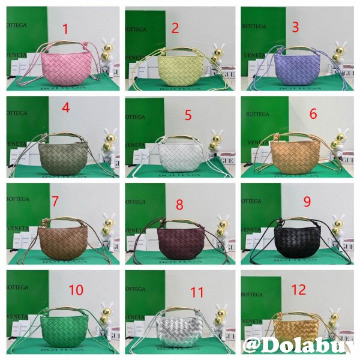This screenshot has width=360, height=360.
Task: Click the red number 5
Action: [188, 115]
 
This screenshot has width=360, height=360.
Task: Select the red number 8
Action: [179, 205]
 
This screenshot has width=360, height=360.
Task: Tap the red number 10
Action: [76, 290]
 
